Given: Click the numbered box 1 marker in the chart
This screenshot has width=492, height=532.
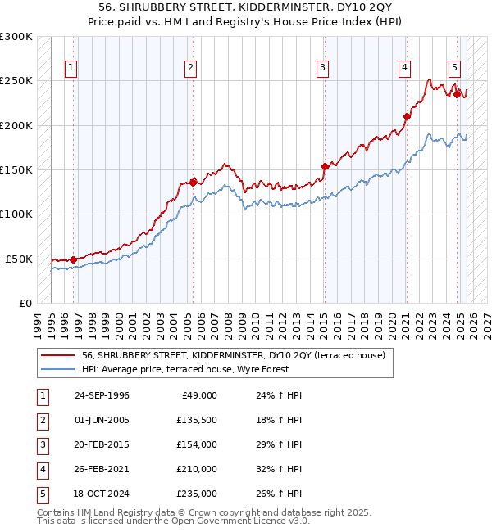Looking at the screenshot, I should (72, 68).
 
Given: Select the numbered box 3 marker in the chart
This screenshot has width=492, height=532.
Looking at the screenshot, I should (323, 68).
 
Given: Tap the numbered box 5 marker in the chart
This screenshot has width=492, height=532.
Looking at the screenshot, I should (454, 68).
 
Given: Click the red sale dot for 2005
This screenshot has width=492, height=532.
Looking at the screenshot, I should (193, 183).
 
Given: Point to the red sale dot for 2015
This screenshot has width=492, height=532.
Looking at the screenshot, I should (325, 166).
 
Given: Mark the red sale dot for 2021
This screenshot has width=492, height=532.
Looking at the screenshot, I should (407, 116).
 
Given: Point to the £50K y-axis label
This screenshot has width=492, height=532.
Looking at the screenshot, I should (20, 259).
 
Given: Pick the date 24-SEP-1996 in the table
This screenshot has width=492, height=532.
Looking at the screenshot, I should (102, 395).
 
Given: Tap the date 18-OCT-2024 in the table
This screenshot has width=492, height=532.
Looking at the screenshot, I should (102, 494).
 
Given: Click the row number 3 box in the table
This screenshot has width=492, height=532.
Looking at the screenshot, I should (42, 444).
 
